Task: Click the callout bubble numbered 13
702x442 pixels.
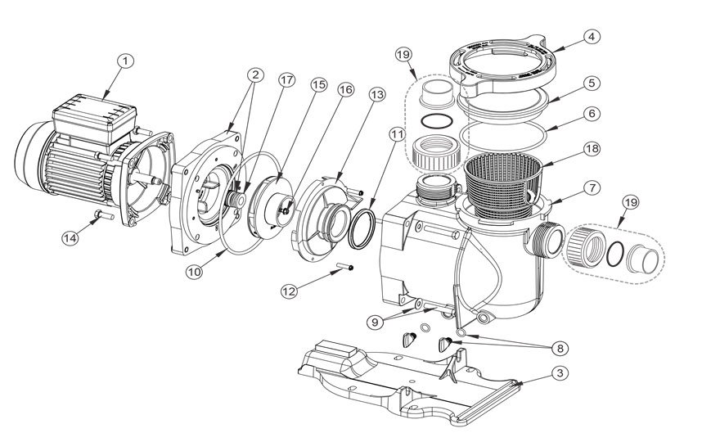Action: pos(376,94)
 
